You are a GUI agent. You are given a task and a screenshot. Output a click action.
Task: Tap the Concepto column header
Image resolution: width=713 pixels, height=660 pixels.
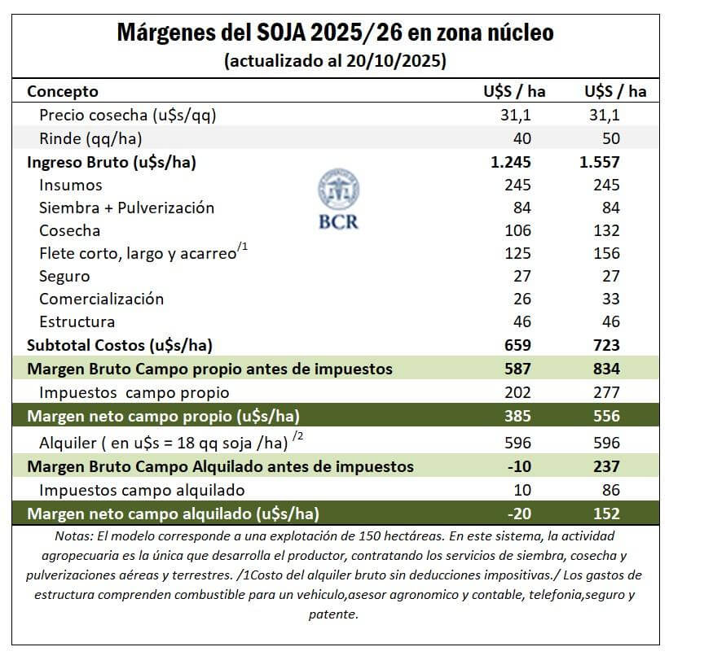click(63, 91)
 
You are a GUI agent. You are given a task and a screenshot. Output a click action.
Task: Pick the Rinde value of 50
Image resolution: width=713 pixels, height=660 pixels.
click(610, 138)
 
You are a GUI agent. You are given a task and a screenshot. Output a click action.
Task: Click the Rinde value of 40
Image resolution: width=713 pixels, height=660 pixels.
click(522, 138)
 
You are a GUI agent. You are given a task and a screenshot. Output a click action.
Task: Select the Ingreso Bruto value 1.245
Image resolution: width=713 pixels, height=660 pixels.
click(510, 162)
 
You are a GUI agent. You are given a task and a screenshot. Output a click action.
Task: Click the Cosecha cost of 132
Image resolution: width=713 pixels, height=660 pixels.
click(606, 230)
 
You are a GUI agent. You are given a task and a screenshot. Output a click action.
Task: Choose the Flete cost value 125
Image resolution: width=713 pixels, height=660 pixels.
click(517, 253)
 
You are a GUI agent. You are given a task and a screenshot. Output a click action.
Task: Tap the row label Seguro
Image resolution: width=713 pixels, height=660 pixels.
click(64, 276)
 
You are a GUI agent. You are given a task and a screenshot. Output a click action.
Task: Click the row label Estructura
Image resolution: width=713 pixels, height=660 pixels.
click(77, 321)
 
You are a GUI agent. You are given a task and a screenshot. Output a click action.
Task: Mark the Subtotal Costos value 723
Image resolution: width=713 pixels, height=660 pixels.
click(606, 345)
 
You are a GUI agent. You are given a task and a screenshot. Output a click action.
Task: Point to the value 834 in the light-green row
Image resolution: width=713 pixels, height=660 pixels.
click(606, 369)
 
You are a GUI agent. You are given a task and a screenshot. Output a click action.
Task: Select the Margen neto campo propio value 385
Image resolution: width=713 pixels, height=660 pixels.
click(517, 417)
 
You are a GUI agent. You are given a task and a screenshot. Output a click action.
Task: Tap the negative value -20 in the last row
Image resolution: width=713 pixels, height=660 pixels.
click(519, 514)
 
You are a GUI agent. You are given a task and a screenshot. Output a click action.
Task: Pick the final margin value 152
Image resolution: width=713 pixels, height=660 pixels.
click(606, 514)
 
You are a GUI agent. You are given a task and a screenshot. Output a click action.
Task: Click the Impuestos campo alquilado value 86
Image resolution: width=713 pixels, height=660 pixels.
click(610, 490)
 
